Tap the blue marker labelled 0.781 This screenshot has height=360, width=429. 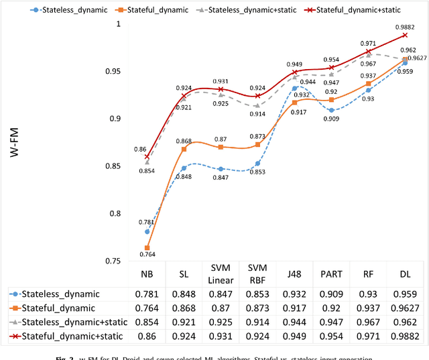click(147, 231)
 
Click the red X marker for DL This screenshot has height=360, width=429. click(405, 16)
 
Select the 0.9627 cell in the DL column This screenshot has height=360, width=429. click(405, 308)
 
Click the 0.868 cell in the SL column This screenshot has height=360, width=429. click(184, 308)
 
